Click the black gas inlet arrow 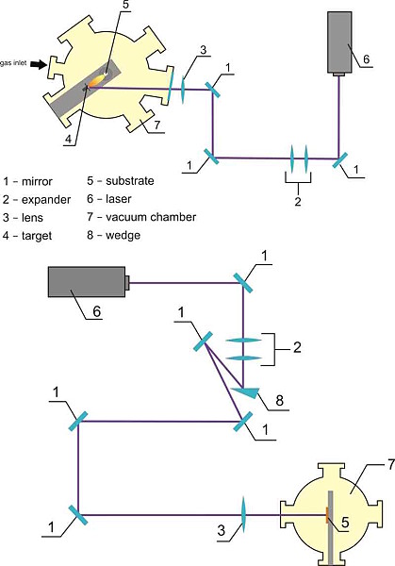coord(39,64)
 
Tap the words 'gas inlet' coord(13,63)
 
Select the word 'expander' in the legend coord(46,200)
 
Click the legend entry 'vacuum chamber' coord(151,217)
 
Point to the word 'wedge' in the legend coord(123,235)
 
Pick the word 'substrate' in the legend coord(130,181)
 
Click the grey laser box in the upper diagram coord(339,43)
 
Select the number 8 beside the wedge coord(280,400)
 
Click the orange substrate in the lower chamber coord(327,515)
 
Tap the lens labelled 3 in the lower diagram coord(243,514)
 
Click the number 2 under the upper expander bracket coord(298,201)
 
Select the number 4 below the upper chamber coord(69,139)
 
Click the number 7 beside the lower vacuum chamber coord(391,466)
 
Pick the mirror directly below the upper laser coord(339,160)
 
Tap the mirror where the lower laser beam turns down coord(243,283)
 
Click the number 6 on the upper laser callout coord(366,59)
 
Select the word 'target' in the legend coord(37,236)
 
